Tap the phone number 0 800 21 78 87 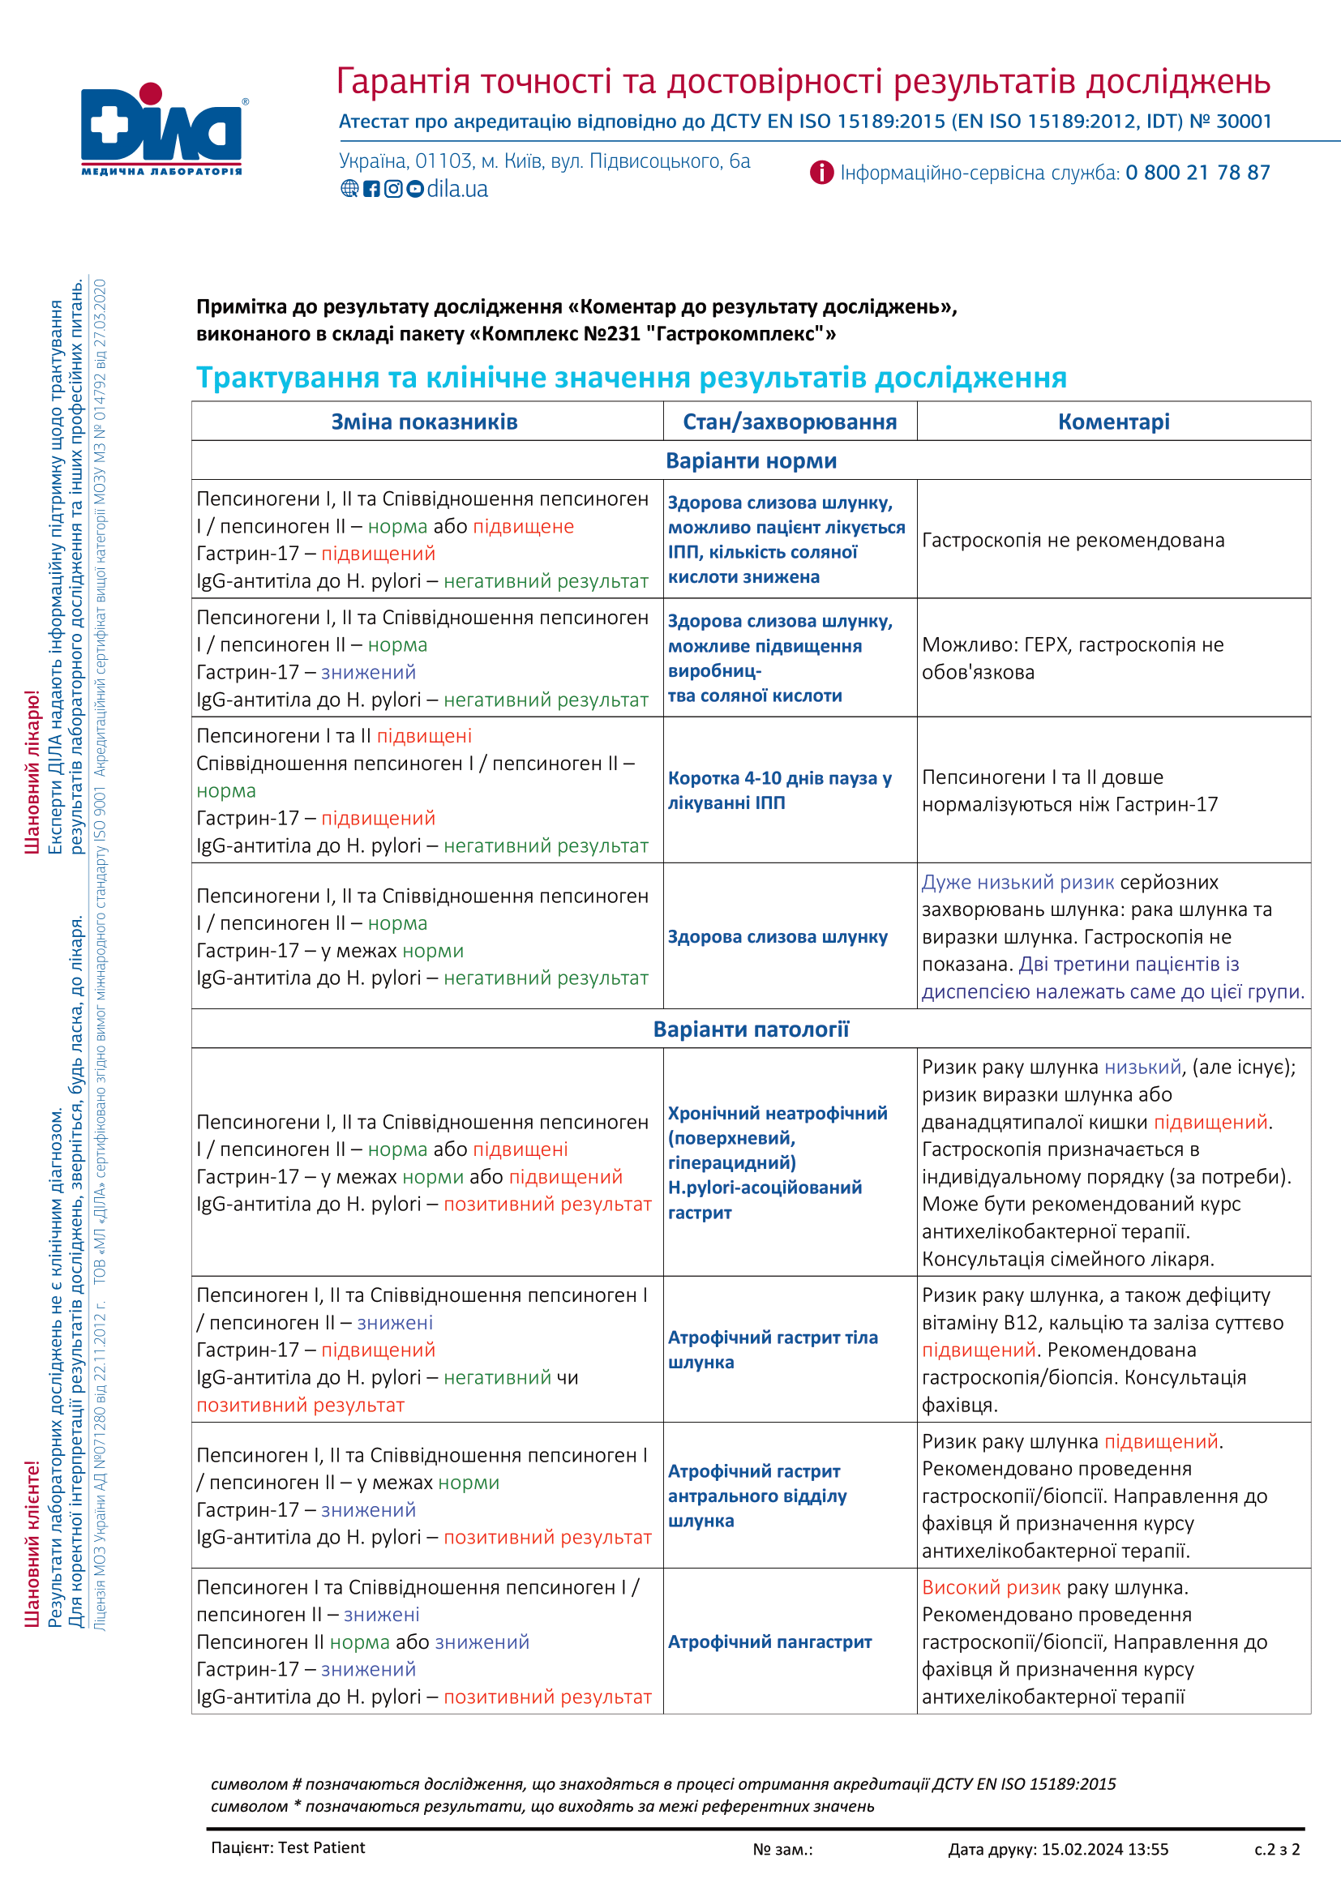pos(1197,173)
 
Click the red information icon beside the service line pos(820,173)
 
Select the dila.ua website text pos(456,189)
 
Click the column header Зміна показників pos(424,422)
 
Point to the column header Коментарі pos(1113,422)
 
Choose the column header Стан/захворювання pos(790,422)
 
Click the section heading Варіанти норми pos(751,460)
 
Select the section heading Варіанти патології pos(751,1029)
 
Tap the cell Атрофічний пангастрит pos(769,1641)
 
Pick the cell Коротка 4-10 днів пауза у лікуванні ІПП pos(779,790)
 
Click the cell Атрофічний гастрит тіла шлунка pos(773,1350)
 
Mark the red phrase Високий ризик pos(991,1587)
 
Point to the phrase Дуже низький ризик pos(1018,882)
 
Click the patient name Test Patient pos(321,1847)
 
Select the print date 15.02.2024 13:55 pos(1105,1849)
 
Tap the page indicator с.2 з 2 pos(1277,1849)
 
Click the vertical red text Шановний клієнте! pos(32,1543)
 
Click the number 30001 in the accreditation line pos(1244,122)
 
